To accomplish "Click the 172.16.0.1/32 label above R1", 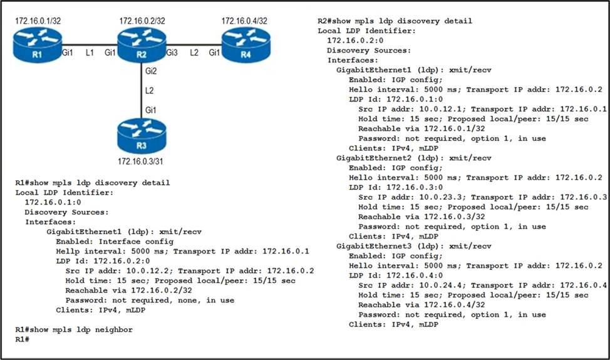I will pos(38,22).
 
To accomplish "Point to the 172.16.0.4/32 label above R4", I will pos(244,22).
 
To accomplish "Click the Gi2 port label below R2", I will pos(150,71).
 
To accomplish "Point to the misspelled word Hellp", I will pos(68,251).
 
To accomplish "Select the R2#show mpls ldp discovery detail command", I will pos(395,21).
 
